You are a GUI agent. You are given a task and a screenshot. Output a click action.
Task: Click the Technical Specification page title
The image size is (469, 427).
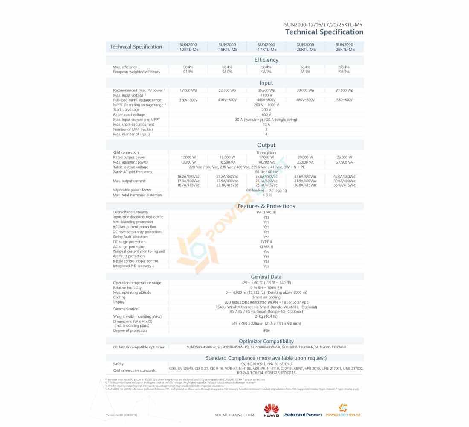tap(324, 32)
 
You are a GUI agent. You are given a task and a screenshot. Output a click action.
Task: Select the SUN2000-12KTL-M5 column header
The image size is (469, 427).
tap(188, 47)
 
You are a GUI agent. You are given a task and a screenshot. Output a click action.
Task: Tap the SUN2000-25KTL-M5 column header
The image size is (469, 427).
tap(344, 47)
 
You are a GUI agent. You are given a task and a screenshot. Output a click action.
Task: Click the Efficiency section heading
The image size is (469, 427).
tap(266, 60)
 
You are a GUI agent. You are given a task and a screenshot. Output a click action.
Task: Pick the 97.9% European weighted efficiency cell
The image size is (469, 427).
tap(188, 72)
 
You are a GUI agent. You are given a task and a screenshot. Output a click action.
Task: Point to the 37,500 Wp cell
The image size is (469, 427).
tap(344, 91)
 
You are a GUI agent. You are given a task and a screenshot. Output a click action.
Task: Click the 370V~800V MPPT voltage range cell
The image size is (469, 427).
tap(188, 100)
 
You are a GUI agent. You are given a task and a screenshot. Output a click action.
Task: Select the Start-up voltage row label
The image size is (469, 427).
tap(126, 110)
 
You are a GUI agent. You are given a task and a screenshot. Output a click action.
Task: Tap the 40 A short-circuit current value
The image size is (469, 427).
tap(266, 124)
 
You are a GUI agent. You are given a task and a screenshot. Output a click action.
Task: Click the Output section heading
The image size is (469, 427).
tap(266, 146)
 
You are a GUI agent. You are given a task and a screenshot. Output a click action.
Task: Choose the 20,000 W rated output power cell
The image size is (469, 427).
tap(305, 157)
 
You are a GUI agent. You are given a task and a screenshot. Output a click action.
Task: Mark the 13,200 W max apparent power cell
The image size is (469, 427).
tap(188, 162)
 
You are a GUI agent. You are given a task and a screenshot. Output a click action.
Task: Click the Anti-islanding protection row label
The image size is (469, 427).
tap(133, 222)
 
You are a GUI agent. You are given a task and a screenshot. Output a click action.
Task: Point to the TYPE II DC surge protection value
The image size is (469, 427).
tap(266, 242)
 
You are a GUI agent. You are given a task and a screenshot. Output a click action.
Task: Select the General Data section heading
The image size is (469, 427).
tap(266, 277)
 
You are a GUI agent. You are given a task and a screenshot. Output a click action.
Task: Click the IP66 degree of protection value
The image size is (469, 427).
tap(266, 330)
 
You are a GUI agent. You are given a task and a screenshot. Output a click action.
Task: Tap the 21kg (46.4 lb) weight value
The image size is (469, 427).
tap(266, 316)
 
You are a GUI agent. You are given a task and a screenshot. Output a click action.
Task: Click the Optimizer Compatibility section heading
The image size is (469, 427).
tap(266, 341)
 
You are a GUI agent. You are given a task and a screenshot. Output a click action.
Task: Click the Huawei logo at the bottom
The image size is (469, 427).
tap(271, 409)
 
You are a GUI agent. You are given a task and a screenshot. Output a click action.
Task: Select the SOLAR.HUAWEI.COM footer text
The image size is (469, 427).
tap(234, 415)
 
